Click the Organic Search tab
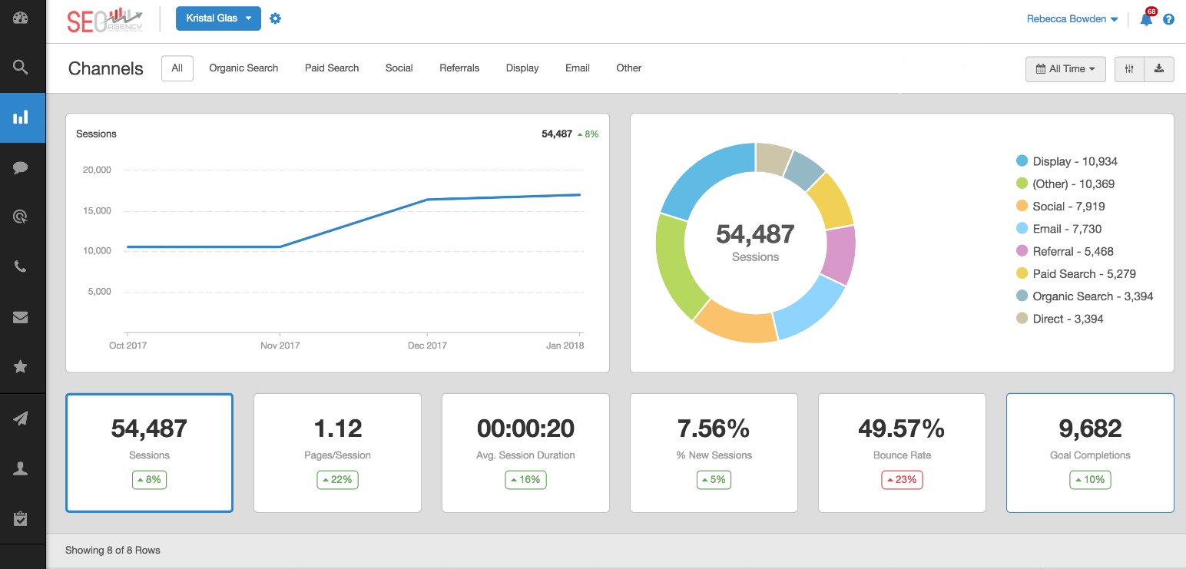[243, 68]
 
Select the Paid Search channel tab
[332, 68]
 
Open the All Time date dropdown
[1065, 69]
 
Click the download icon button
[1159, 69]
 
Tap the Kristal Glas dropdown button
[218, 18]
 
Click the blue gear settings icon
[275, 18]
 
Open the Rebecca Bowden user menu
[1072, 19]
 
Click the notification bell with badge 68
[1146, 19]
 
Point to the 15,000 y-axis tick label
[97, 210]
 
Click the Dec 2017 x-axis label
[427, 346]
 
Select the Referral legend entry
[1064, 251]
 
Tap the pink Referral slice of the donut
[840, 254]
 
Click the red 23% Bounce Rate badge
[902, 480]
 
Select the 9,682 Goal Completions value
[1090, 428]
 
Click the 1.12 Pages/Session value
[337, 428]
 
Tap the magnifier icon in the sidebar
[21, 67]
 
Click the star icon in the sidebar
[21, 367]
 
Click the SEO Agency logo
[104, 20]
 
